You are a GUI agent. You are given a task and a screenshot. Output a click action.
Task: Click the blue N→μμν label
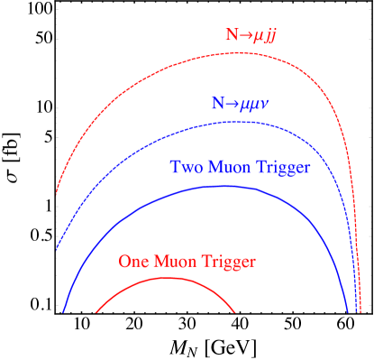tap(241, 104)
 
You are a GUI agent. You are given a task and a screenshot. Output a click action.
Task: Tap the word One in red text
tap(134, 262)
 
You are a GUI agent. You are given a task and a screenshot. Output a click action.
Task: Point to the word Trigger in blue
tap(284, 168)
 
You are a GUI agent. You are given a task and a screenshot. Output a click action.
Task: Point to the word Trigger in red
tap(230, 262)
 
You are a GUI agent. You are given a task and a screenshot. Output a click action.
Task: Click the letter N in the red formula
tap(231, 36)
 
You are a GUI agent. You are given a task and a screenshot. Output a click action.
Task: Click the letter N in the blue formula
tap(218, 104)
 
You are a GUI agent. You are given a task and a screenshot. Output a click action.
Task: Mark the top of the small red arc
tap(166, 278)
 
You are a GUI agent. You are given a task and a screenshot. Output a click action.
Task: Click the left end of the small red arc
tap(96, 313)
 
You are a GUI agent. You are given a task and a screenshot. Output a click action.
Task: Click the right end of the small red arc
tap(236, 312)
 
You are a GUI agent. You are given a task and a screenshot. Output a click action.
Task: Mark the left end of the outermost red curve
tap(57, 193)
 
